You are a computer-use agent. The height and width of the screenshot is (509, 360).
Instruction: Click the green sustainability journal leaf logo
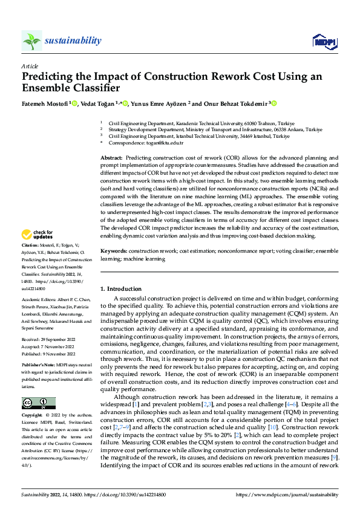coord(31,41)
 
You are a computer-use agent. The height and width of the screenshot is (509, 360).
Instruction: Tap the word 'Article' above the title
coord(30,66)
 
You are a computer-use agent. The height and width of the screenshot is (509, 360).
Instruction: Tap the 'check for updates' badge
coord(38,235)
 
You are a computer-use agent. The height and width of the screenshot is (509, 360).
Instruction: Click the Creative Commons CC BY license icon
coord(38,403)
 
